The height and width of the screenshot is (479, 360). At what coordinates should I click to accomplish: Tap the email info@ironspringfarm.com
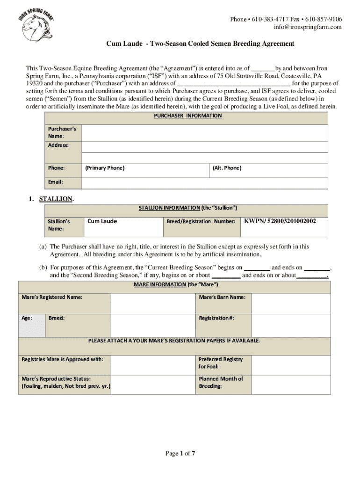308,27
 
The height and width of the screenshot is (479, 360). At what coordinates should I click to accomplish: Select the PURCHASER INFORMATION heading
188,116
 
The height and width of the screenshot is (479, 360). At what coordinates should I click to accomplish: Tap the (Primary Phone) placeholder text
105,168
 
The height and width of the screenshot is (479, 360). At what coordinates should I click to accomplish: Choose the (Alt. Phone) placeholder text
227,168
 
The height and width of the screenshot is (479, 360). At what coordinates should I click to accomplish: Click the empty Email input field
204,181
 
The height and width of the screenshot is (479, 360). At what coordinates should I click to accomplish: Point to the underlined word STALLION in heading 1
56,199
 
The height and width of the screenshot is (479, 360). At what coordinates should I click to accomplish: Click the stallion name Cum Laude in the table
102,221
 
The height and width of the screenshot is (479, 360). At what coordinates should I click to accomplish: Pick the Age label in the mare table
27,318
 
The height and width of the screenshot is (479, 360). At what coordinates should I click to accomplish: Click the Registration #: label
216,318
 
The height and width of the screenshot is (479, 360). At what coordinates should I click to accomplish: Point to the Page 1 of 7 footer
180,453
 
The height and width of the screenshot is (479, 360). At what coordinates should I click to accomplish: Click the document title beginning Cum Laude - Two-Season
200,44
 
